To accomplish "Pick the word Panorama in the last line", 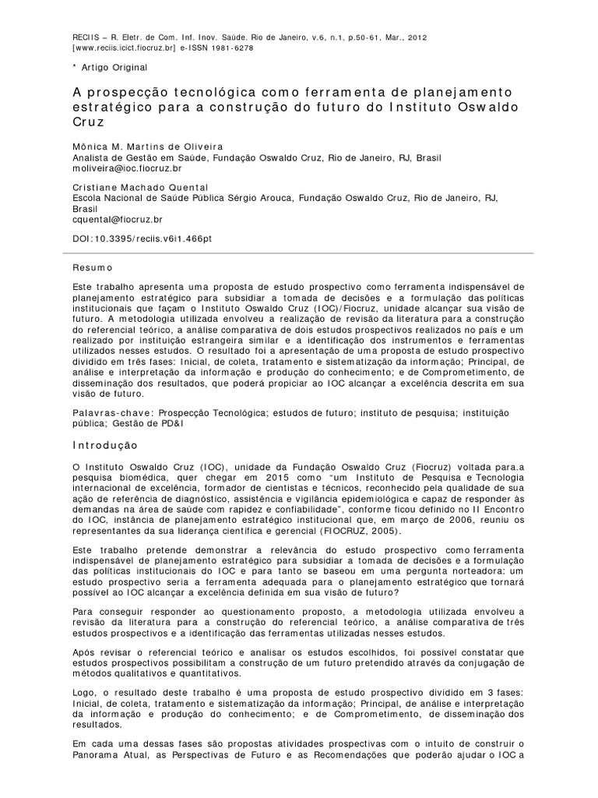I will (96, 779).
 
